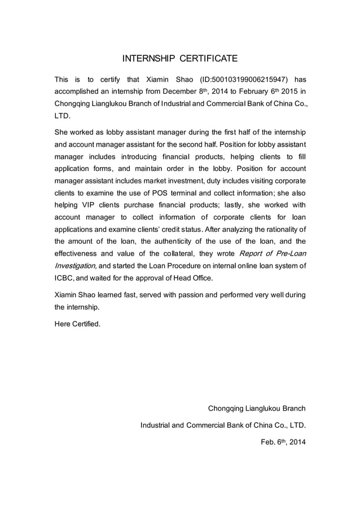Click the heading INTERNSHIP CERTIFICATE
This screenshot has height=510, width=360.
point(180,58)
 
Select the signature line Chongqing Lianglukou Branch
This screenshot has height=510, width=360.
point(257,408)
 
